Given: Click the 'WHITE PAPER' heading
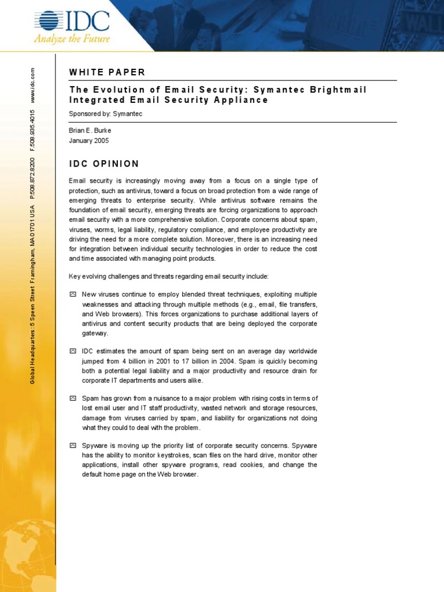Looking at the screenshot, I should pyautogui.click(x=107, y=72).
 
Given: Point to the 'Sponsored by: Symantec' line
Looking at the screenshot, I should pyautogui.click(x=105, y=114).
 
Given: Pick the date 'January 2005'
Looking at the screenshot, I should pyautogui.click(x=88, y=140).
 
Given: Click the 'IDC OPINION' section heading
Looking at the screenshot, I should pyautogui.click(x=104, y=164).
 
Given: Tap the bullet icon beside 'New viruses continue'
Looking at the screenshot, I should pyautogui.click(x=72, y=294).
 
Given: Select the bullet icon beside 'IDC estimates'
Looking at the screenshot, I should pyautogui.click(x=72, y=351).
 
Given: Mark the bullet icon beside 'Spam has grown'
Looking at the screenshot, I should pyautogui.click(x=72, y=398).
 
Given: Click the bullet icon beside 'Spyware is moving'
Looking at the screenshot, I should pyautogui.click(x=72, y=446).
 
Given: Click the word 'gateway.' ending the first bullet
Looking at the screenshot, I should pyautogui.click(x=95, y=334).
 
